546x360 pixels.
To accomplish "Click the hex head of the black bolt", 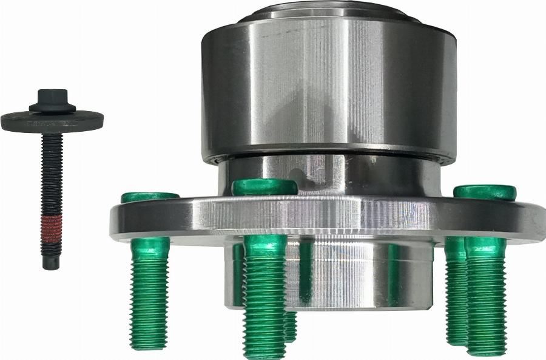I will (52, 100).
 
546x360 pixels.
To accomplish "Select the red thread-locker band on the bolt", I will (52, 228).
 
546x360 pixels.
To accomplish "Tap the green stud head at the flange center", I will (265, 186).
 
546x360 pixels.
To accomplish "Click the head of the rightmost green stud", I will (485, 192).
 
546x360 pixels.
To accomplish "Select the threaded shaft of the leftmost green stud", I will (149, 291).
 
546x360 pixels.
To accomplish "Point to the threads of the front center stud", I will (265, 297).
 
